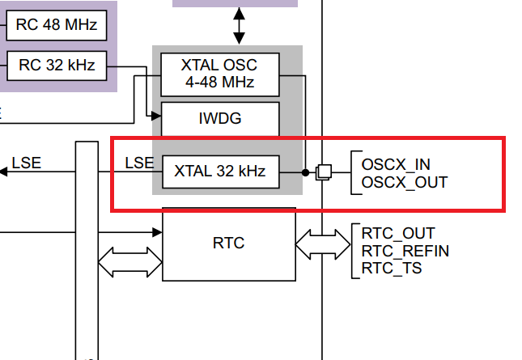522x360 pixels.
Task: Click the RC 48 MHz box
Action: pyautogui.click(x=57, y=26)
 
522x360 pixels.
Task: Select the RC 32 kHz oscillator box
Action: pyautogui.click(x=57, y=66)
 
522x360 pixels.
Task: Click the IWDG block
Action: pyautogui.click(x=220, y=119)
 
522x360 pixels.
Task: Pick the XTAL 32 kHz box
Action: pyautogui.click(x=220, y=172)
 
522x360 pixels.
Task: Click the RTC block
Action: pyautogui.click(x=228, y=244)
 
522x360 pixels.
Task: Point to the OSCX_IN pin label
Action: pyautogui.click(x=396, y=164)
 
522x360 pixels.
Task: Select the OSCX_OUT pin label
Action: pyautogui.click(x=404, y=182)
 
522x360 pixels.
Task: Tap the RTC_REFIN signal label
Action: pyautogui.click(x=405, y=251)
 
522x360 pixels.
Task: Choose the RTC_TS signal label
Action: pyautogui.click(x=391, y=268)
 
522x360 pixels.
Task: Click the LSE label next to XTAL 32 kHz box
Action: pyautogui.click(x=139, y=163)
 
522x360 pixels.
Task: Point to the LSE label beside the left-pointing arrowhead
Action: pyautogui.click(x=26, y=163)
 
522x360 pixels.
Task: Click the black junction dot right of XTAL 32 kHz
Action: pyautogui.click(x=305, y=172)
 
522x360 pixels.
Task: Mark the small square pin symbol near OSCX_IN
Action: pyautogui.click(x=323, y=172)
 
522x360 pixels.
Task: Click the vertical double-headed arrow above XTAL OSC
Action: pyautogui.click(x=238, y=26)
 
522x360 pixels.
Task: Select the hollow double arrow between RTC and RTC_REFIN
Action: pyautogui.click(x=323, y=243)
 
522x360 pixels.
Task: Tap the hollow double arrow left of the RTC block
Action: pyautogui.click(x=129, y=260)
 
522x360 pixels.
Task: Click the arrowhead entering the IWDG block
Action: pyautogui.click(x=157, y=115)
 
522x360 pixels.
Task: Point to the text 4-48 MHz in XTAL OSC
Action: pyautogui.click(x=220, y=82)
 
